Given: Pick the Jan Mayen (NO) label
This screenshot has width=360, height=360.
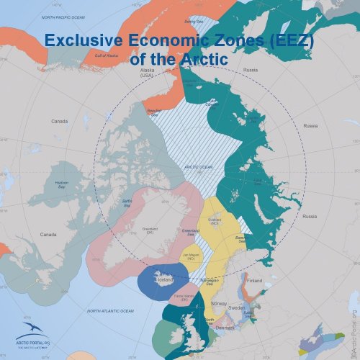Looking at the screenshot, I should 190,256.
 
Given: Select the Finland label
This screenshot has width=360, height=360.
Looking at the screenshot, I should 254,281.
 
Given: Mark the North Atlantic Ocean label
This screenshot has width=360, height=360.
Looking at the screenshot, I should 110,311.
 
